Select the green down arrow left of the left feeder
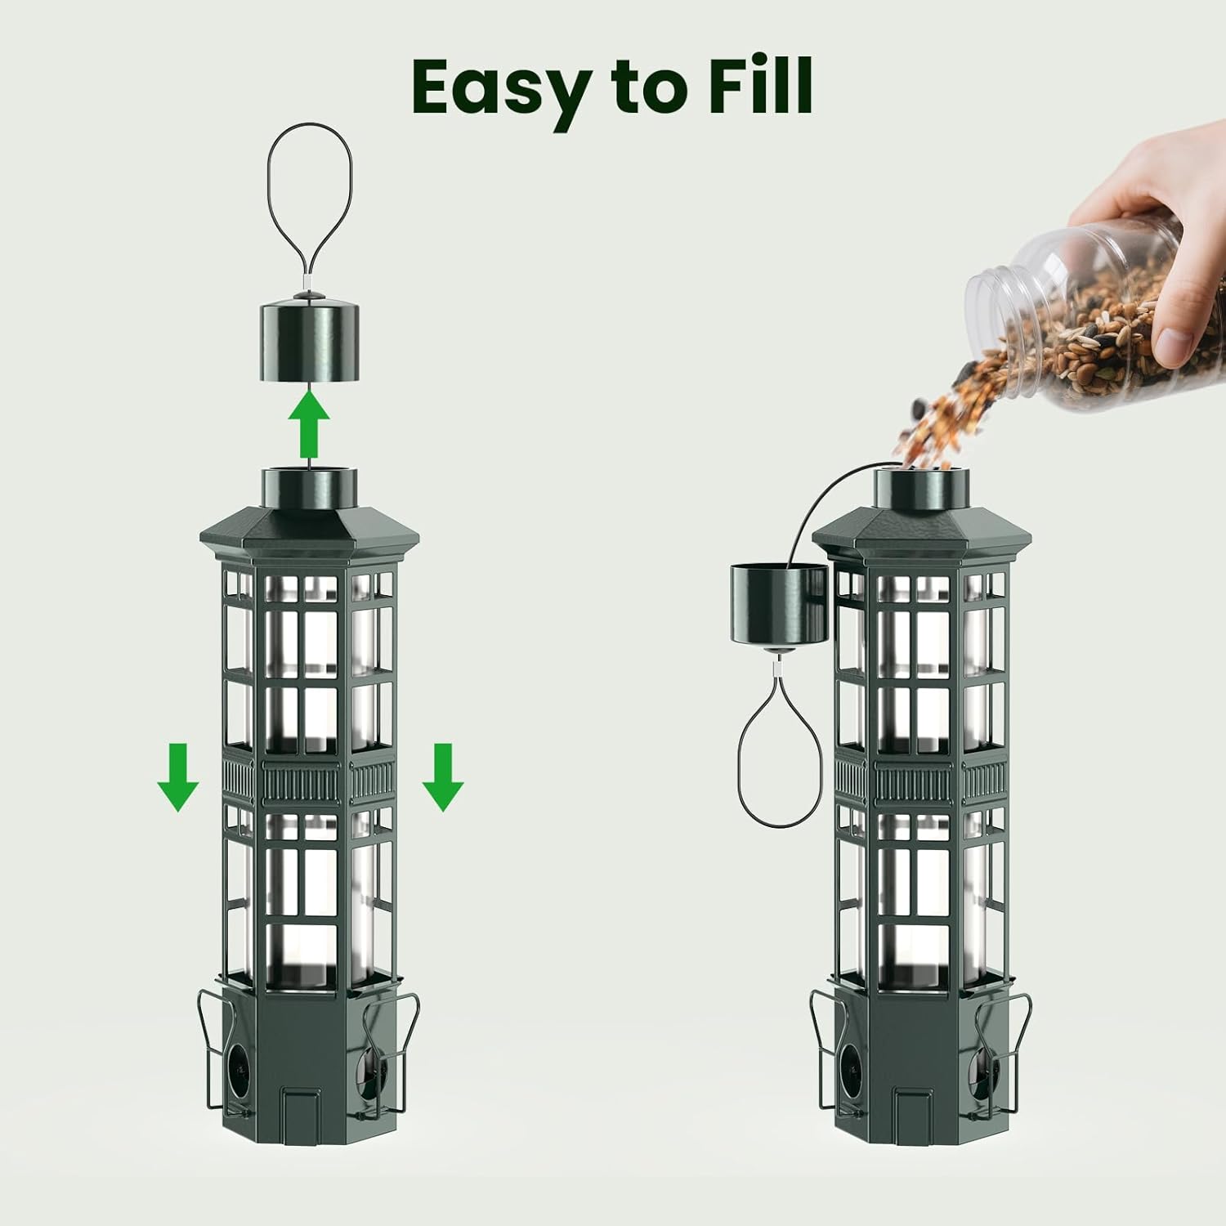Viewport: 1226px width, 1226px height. pos(177,776)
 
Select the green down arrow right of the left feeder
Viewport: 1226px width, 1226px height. pos(443,776)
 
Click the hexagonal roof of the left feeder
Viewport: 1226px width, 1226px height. pos(310,531)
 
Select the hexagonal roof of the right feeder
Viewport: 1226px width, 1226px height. pos(922,531)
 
